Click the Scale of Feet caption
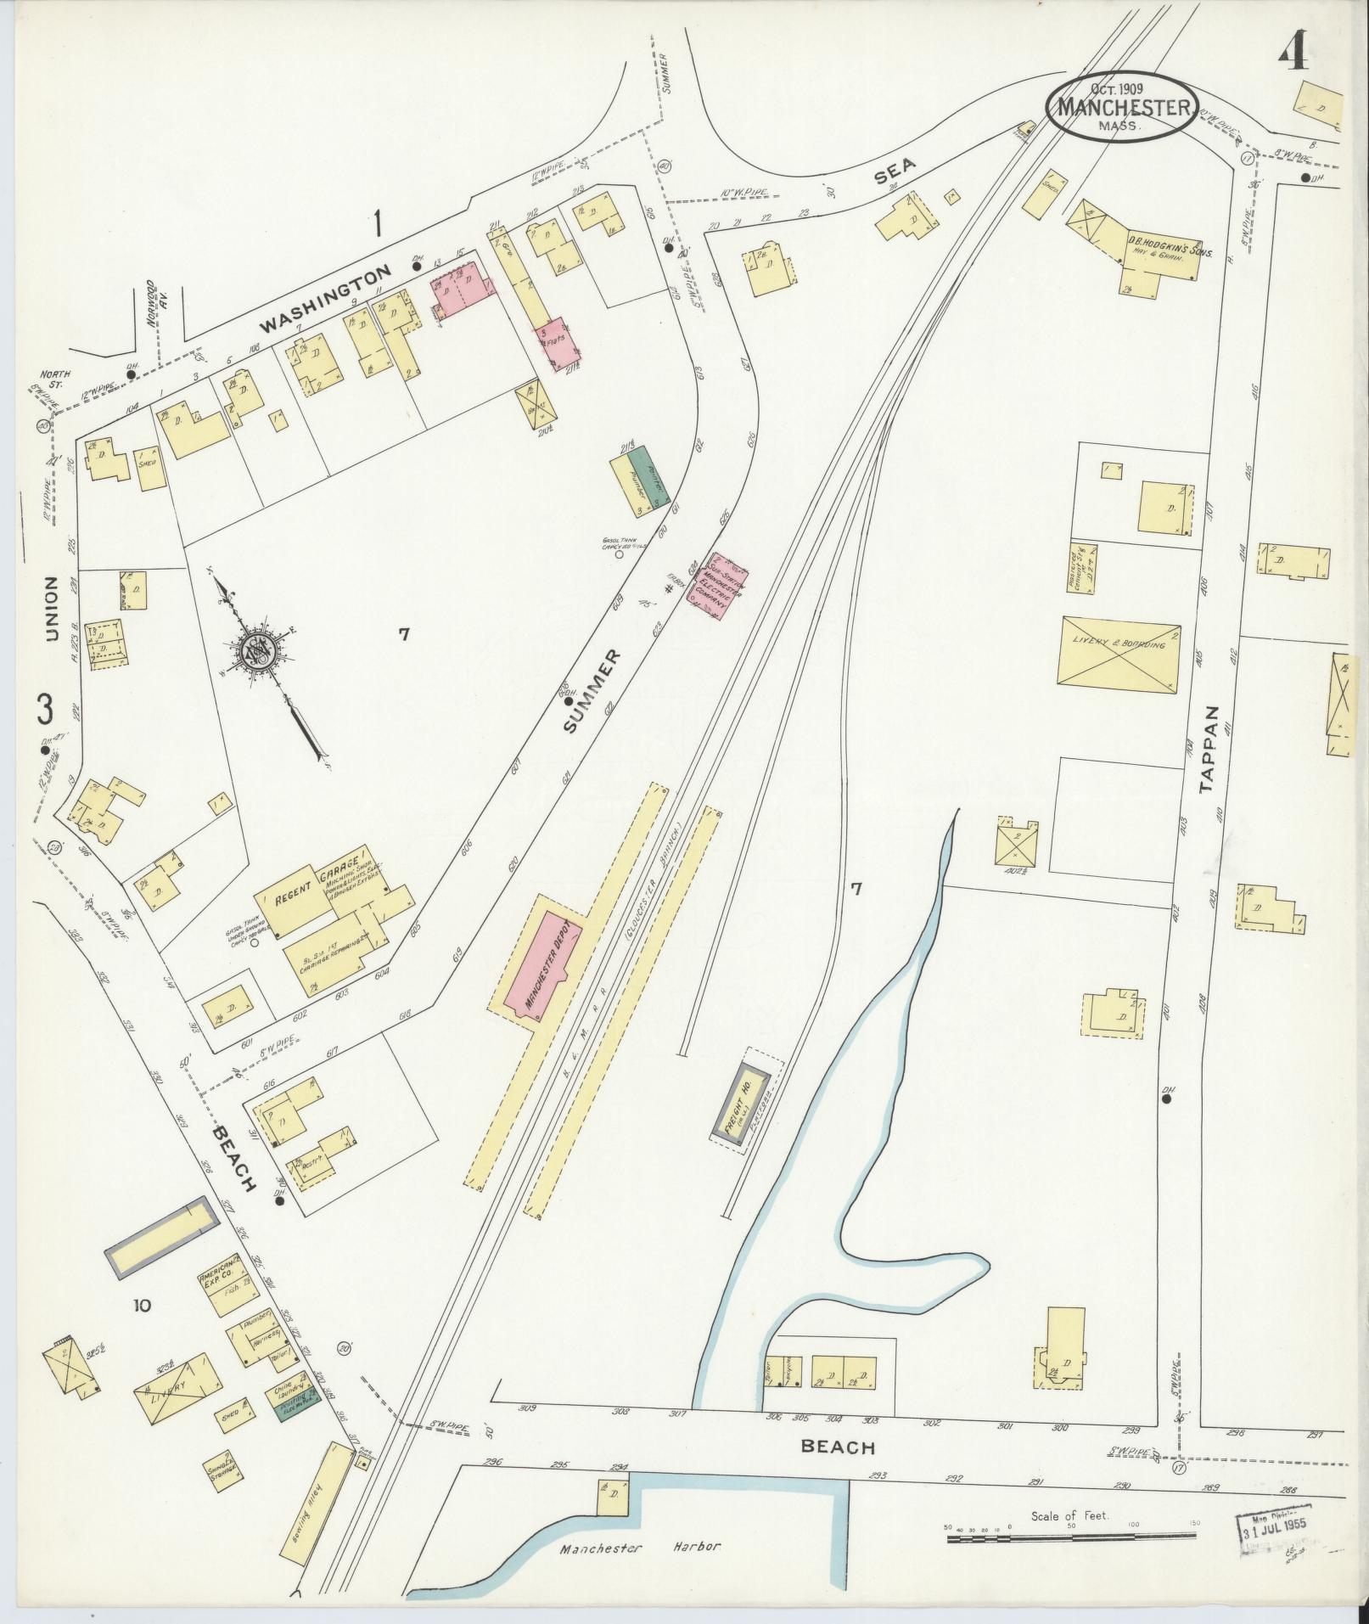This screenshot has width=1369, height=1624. tap(1070, 1515)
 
